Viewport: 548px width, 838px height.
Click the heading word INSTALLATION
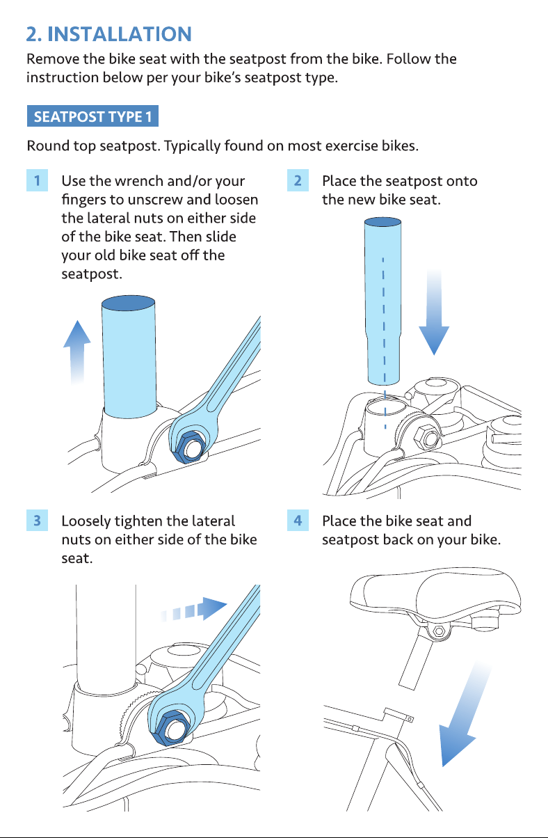(x=120, y=34)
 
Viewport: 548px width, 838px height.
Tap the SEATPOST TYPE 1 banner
(x=92, y=116)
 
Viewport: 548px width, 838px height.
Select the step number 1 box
(x=37, y=180)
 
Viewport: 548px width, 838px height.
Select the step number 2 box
(x=298, y=180)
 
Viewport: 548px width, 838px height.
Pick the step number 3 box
(x=37, y=520)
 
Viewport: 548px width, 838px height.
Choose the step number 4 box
(x=298, y=520)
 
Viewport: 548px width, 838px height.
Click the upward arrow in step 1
(x=77, y=351)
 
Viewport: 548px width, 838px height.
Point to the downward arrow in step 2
(x=434, y=313)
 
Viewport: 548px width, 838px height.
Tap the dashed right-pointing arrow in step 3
(x=193, y=609)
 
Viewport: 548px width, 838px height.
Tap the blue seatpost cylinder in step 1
(x=129, y=356)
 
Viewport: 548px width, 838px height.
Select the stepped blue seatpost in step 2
(x=382, y=301)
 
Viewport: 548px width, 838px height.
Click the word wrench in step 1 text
(x=138, y=181)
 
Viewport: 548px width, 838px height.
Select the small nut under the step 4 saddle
(x=439, y=632)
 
